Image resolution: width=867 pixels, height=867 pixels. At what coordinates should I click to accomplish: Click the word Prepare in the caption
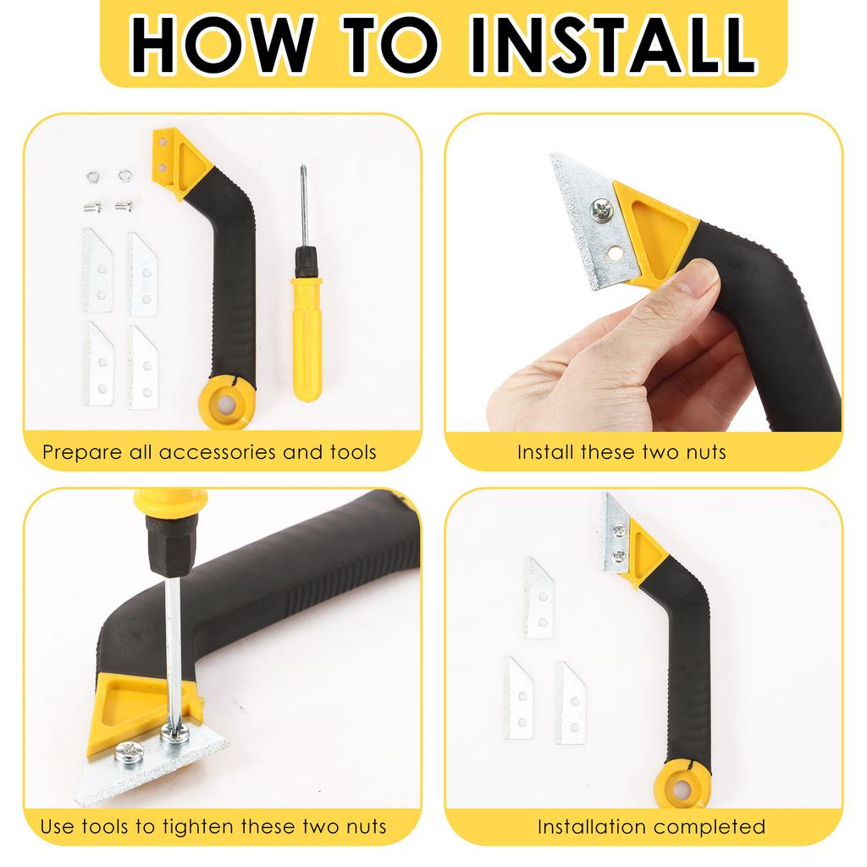(80, 451)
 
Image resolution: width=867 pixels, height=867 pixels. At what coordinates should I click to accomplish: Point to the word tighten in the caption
(196, 826)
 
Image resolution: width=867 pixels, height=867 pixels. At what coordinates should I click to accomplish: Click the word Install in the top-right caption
(546, 451)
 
